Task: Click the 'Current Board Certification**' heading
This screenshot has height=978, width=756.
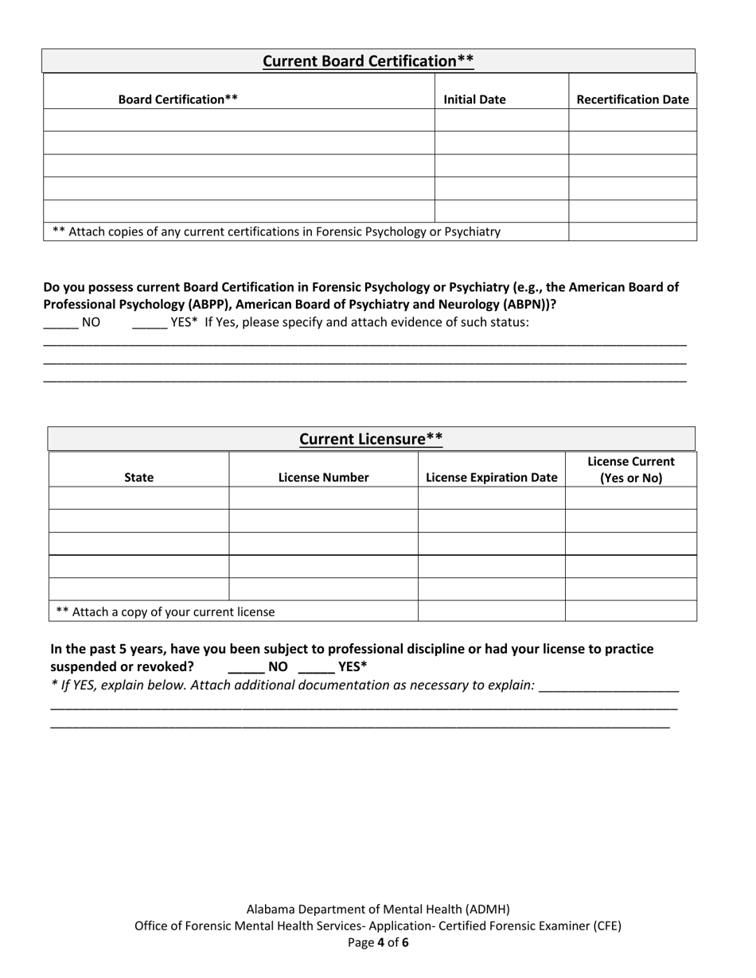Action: [x=368, y=61]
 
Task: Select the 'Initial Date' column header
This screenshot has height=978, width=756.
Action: [x=474, y=99]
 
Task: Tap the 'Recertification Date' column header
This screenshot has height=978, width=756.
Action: [x=632, y=99]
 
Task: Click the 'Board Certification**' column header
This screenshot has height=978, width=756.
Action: [x=177, y=99]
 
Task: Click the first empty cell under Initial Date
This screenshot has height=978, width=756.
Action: [x=501, y=120]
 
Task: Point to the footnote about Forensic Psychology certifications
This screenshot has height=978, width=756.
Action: [x=276, y=231]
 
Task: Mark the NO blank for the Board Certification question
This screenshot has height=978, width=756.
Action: [x=60, y=322]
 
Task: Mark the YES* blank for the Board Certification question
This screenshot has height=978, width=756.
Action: [x=150, y=322]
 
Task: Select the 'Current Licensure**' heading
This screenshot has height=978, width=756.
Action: [x=371, y=439]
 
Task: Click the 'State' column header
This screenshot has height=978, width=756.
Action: [x=139, y=477]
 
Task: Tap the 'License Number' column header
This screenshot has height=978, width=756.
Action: [x=323, y=477]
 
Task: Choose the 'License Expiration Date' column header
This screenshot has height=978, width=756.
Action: [x=491, y=477]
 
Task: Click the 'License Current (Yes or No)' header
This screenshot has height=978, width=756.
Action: [x=630, y=470]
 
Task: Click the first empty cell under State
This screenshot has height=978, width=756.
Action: [x=139, y=498]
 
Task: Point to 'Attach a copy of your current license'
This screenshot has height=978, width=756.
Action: [x=165, y=611]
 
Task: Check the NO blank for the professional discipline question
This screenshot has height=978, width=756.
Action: [x=246, y=666]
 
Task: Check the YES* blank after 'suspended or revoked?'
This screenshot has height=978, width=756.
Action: [x=316, y=666]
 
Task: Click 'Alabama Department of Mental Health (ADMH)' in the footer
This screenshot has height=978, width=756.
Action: [x=378, y=909]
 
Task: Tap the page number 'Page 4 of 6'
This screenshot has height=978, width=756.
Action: [x=378, y=943]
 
